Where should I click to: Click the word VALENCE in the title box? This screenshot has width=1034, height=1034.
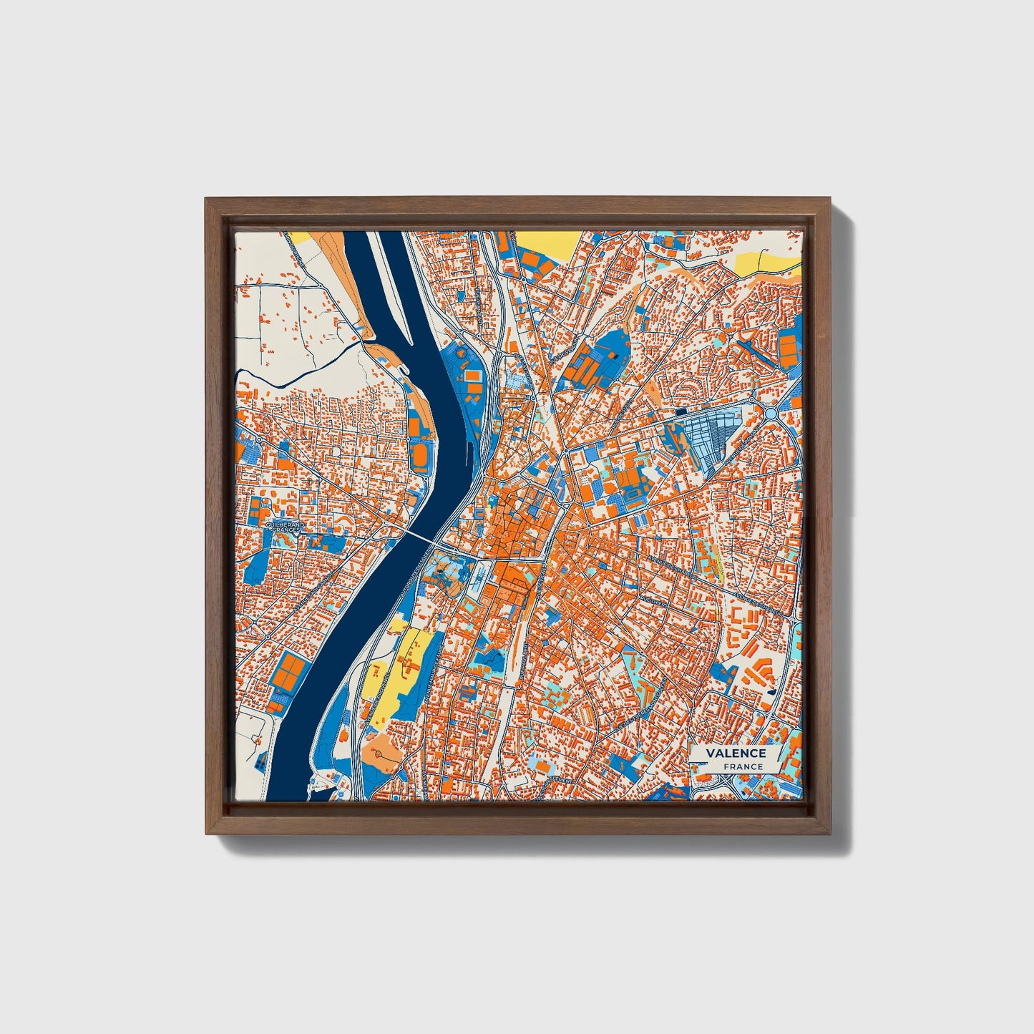click(735, 753)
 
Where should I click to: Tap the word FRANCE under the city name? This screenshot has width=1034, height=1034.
click(742, 766)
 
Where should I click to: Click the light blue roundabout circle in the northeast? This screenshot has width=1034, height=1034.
click(771, 413)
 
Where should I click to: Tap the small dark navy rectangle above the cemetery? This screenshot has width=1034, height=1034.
click(679, 411)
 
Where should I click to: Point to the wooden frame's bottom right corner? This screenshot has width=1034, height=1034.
click(830, 833)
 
